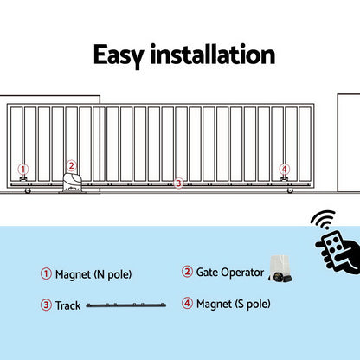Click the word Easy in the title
pyautogui.click(x=120, y=55)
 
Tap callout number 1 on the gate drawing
pyautogui.click(x=23, y=170)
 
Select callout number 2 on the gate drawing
pyautogui.click(x=72, y=165)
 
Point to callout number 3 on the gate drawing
pyautogui.click(x=178, y=183)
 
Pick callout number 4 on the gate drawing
pyautogui.click(x=284, y=170)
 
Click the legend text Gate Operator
pyautogui.click(x=230, y=273)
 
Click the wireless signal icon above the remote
pyautogui.click(x=325, y=220)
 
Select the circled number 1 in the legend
pyautogui.click(x=46, y=274)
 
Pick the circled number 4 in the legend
pyautogui.click(x=187, y=304)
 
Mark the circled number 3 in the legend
pyautogui.click(x=46, y=305)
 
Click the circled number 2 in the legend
pyautogui.click(x=187, y=273)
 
